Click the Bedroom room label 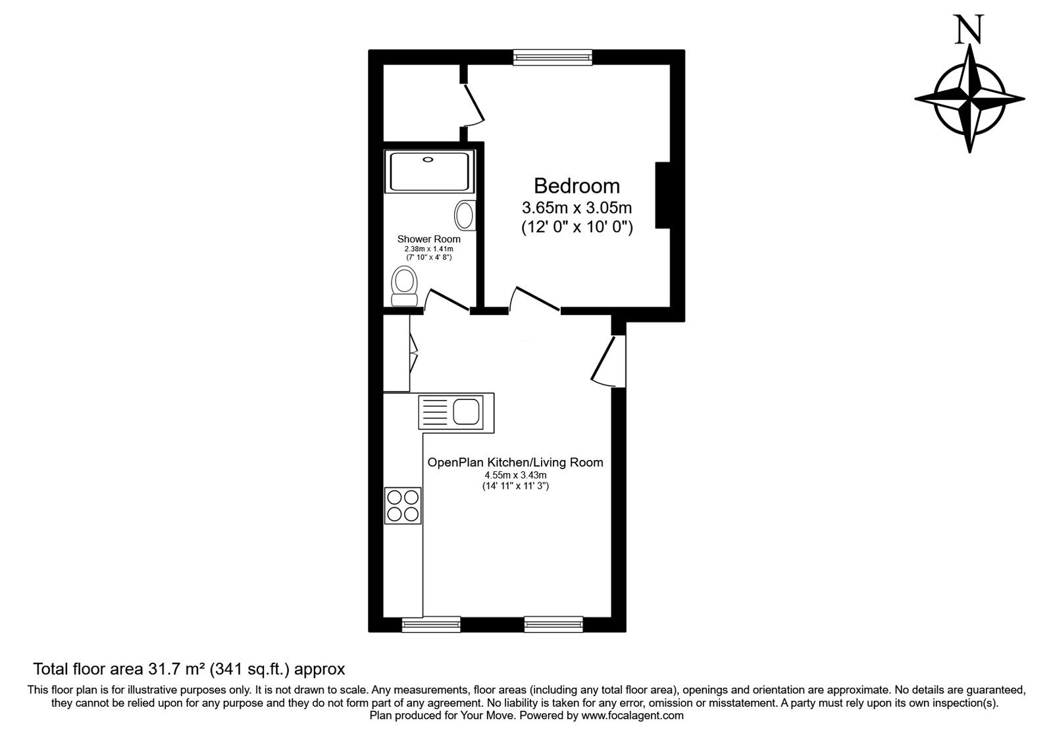[577, 186]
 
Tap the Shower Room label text [428, 239]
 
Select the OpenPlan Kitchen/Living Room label [515, 463]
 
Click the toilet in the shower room [404, 286]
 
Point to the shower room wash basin [465, 215]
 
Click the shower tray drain [428, 159]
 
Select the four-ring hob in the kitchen [403, 505]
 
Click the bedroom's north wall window [553, 58]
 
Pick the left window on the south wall [431, 624]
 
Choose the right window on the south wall [553, 624]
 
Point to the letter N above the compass [969, 30]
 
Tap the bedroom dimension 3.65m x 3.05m [577, 209]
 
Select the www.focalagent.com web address [632, 715]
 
